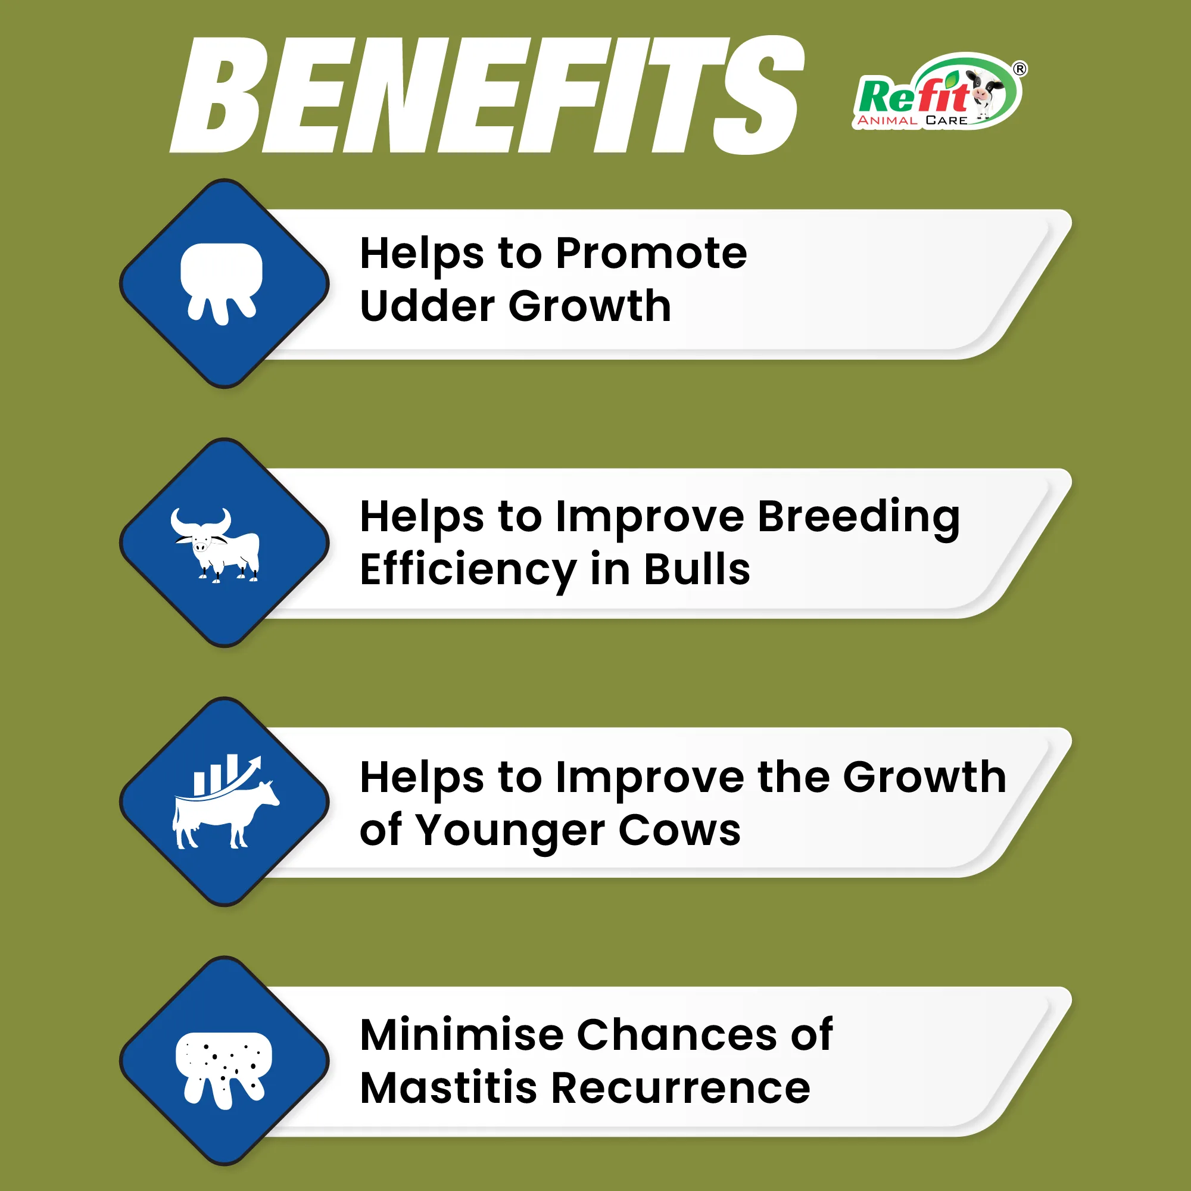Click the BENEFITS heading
pos(487,95)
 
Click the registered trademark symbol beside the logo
pos(1019,69)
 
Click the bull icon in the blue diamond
pos(216,545)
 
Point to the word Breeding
pos(858,516)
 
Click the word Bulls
pos(697,569)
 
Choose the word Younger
pos(510,830)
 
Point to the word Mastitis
pos(448,1088)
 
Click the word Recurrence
pos(680,1088)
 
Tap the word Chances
pos(678,1035)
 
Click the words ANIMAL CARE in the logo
pos(912,120)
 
